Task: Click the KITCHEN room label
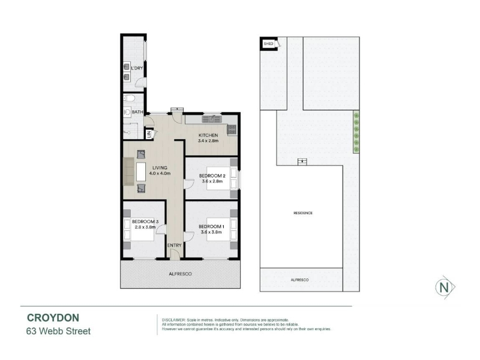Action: tap(208, 136)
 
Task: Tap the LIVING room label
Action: tap(160, 168)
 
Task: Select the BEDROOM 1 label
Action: tap(212, 227)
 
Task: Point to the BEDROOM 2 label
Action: tap(212, 176)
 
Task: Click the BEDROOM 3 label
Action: tap(145, 221)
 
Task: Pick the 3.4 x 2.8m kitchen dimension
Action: tap(208, 141)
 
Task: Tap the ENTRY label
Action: tap(175, 245)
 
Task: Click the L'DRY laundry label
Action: tap(137, 68)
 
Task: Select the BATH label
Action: tap(137, 112)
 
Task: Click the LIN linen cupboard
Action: tap(149, 134)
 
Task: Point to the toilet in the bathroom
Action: tap(129, 98)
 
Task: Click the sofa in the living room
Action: tap(128, 172)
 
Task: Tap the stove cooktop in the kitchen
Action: tap(232, 130)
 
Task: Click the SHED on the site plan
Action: tap(268, 43)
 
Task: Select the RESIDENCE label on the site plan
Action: tap(303, 213)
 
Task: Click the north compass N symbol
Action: tap(445, 287)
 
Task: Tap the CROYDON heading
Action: tap(53, 318)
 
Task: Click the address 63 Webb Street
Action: tap(58, 331)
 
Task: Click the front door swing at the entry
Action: tap(175, 254)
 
